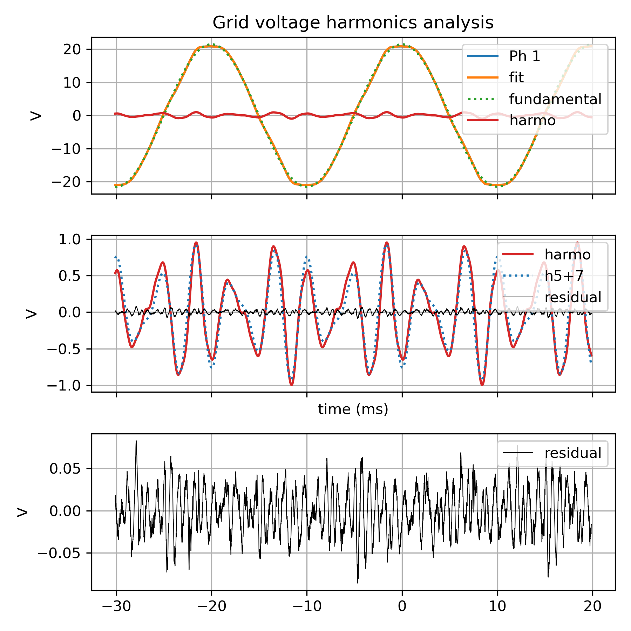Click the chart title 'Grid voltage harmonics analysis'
(x=353, y=23)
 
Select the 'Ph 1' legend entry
(x=524, y=56)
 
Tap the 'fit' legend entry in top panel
(x=516, y=77)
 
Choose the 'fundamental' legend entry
(x=555, y=99)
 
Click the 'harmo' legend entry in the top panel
(x=532, y=121)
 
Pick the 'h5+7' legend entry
(x=564, y=276)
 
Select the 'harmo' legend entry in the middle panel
(x=567, y=255)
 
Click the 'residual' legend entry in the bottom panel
(x=572, y=453)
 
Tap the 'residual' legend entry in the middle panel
(x=572, y=297)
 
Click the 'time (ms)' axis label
(x=353, y=409)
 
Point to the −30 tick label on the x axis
(x=116, y=606)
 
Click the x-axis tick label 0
(x=402, y=606)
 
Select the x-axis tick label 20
(x=592, y=606)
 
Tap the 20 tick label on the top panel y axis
(x=72, y=49)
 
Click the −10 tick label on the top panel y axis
(x=67, y=149)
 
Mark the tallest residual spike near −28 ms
(x=136, y=441)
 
